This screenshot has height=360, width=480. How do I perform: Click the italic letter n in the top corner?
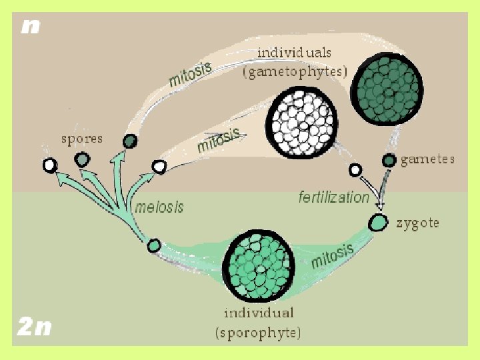(30, 27)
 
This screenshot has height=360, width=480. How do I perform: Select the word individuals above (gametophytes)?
(294, 51)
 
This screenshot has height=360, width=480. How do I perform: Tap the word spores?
(81, 139)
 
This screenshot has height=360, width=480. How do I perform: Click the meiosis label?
(159, 207)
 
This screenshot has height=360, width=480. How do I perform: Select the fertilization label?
(333, 197)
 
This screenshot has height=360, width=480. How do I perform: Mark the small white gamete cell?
(355, 170)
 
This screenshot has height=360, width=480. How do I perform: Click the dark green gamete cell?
(389, 161)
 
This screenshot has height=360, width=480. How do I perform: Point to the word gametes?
(427, 159)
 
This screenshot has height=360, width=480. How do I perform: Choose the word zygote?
(417, 223)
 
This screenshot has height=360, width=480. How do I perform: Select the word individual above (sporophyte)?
(259, 313)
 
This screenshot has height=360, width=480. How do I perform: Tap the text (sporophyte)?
(258, 332)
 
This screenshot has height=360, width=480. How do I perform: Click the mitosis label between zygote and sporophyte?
(331, 255)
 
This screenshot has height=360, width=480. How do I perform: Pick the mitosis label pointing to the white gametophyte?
(218, 141)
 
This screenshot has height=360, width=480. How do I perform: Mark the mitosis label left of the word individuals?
(190, 74)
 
